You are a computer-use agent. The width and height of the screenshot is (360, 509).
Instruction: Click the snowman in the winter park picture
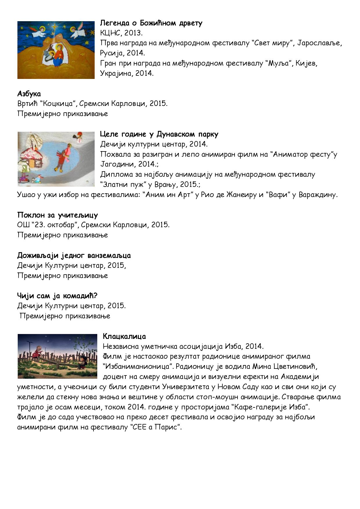78,137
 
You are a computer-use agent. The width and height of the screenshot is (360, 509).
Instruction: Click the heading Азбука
29,94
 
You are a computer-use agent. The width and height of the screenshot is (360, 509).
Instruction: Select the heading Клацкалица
124,336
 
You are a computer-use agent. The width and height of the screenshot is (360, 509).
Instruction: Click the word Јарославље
322,43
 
